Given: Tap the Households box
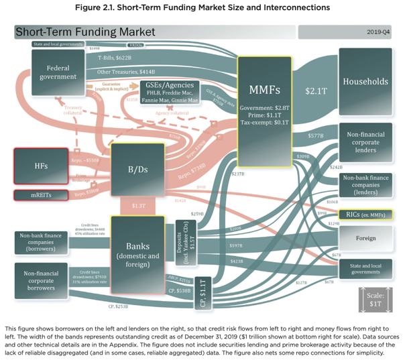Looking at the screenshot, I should [365, 82].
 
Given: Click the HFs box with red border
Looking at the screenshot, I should [41, 166].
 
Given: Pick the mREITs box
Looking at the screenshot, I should [41, 195].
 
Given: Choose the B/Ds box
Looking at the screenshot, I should [137, 169].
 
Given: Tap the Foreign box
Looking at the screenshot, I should [365, 238].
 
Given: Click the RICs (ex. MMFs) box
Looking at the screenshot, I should [365, 215].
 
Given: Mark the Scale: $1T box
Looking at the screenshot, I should [376, 300].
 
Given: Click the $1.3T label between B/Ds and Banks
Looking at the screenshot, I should [139, 205].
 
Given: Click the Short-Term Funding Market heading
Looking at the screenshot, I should [85, 32].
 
